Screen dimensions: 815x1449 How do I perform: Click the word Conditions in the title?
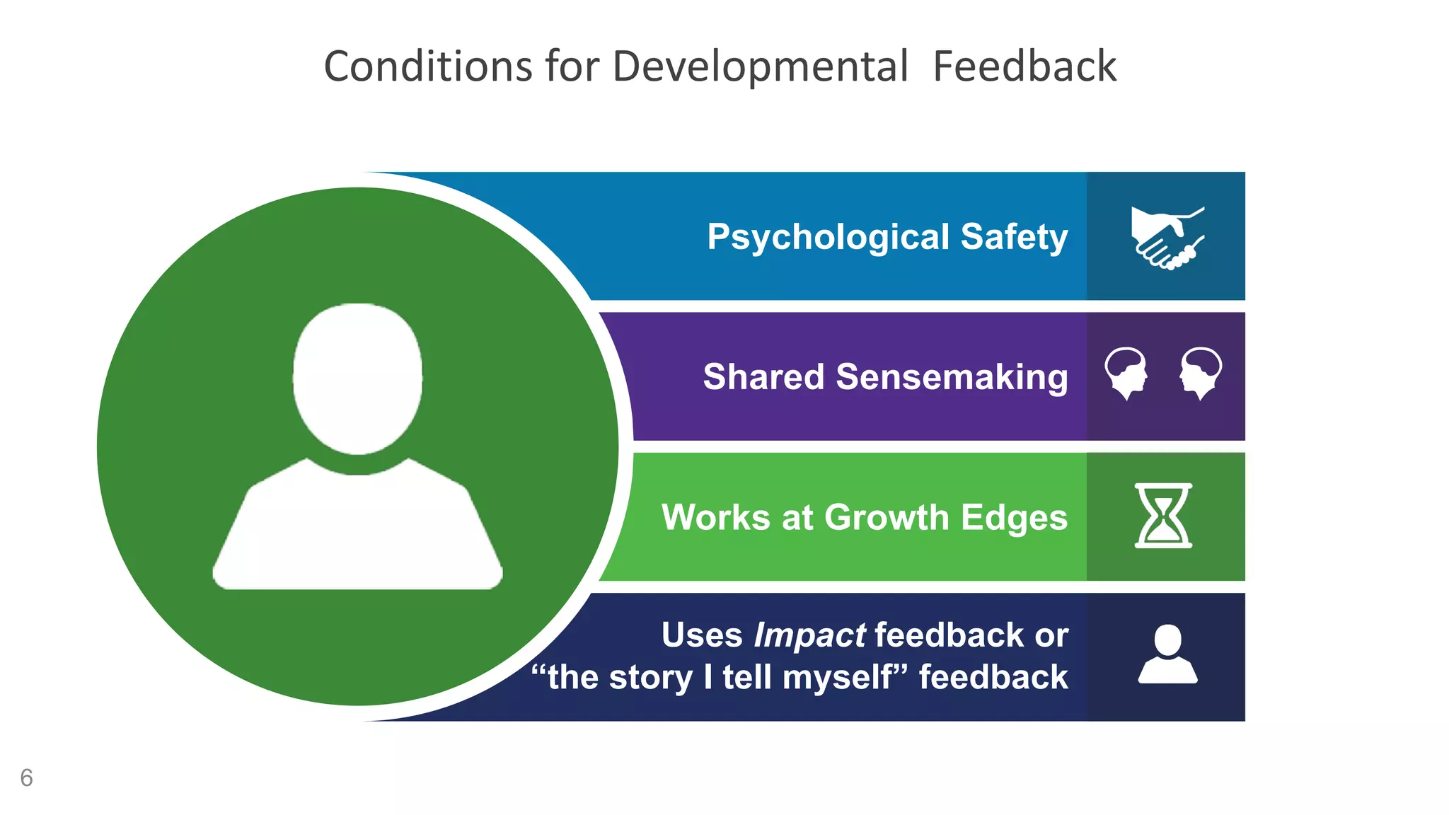click(x=427, y=67)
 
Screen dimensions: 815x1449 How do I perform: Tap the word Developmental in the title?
click(x=760, y=67)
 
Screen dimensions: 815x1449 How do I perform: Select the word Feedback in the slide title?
click(x=1024, y=67)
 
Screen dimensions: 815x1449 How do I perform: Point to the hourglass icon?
click(x=1163, y=516)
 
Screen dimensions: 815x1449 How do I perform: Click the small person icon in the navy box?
click(x=1167, y=654)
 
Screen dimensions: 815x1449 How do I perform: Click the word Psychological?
click(x=828, y=237)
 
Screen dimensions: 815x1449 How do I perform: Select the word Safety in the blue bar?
click(x=1014, y=236)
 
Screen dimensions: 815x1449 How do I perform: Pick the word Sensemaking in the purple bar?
click(x=952, y=376)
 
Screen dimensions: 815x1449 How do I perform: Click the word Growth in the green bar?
click(x=886, y=517)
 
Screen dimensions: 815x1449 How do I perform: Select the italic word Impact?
click(x=809, y=635)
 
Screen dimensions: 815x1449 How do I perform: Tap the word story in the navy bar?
click(x=650, y=678)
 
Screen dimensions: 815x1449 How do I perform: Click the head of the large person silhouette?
click(x=357, y=378)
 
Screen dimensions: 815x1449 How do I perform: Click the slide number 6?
click(x=26, y=778)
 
